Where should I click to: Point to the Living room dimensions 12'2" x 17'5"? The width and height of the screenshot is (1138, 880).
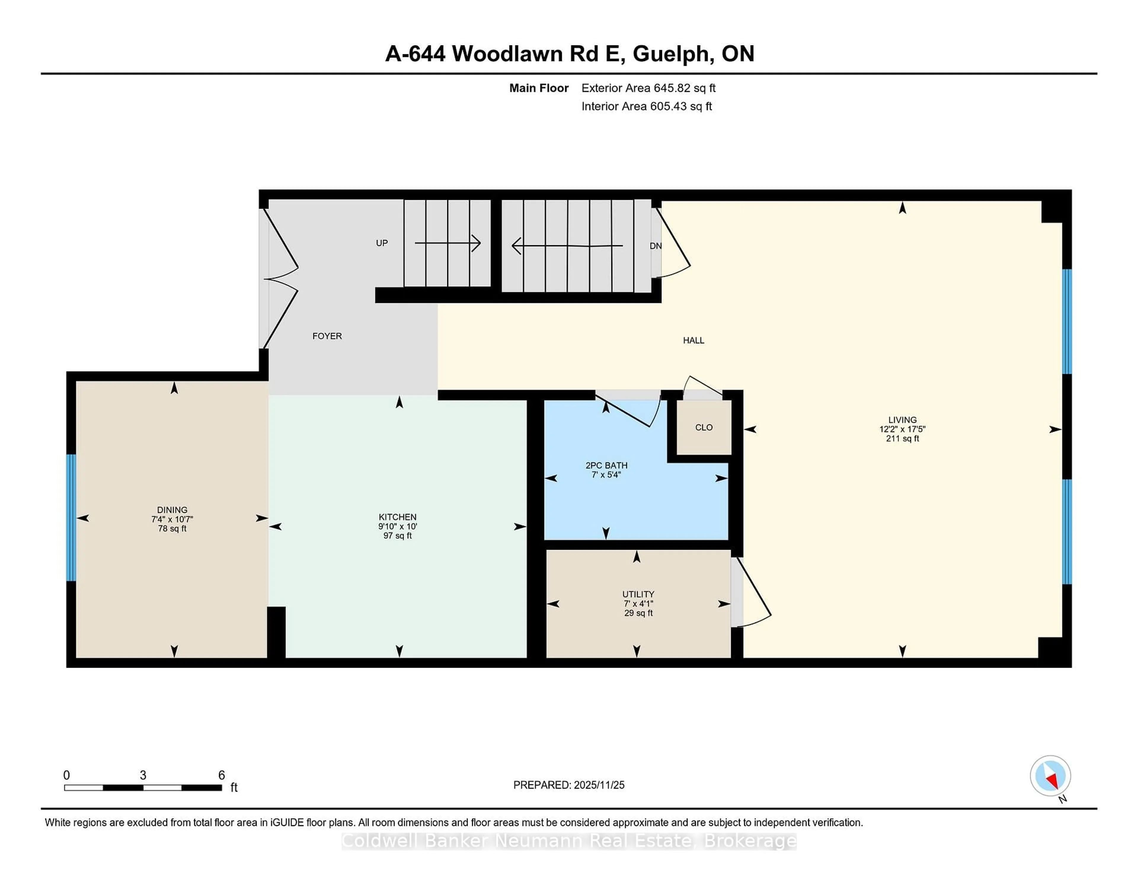pyautogui.click(x=902, y=429)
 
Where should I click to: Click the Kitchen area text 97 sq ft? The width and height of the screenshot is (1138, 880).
pyautogui.click(x=398, y=535)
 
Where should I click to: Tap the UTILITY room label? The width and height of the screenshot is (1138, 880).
pyautogui.click(x=638, y=594)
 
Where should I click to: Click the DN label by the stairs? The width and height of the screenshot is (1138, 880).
pyautogui.click(x=656, y=245)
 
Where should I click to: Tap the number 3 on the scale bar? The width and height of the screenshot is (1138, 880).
pyautogui.click(x=143, y=775)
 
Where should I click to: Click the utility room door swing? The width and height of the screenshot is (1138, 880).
pyautogui.click(x=753, y=594)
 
